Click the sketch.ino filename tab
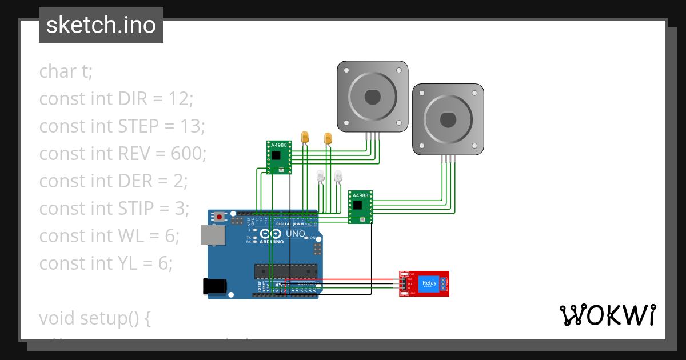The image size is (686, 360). coord(101,25)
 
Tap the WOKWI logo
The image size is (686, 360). coord(607,315)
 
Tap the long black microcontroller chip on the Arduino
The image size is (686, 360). coord(285,271)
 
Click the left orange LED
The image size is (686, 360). coord(305,137)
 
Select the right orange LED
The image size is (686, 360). coord(328,138)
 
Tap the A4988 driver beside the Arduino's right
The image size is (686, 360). coord(361,207)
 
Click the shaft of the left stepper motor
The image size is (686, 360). coord(372,97)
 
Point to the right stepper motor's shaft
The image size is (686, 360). coord(448,119)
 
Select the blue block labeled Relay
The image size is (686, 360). coord(429,283)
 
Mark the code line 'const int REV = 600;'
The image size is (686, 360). coord(122,153)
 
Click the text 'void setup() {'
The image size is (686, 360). coord(95,318)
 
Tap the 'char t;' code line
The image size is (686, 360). coord(66,71)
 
